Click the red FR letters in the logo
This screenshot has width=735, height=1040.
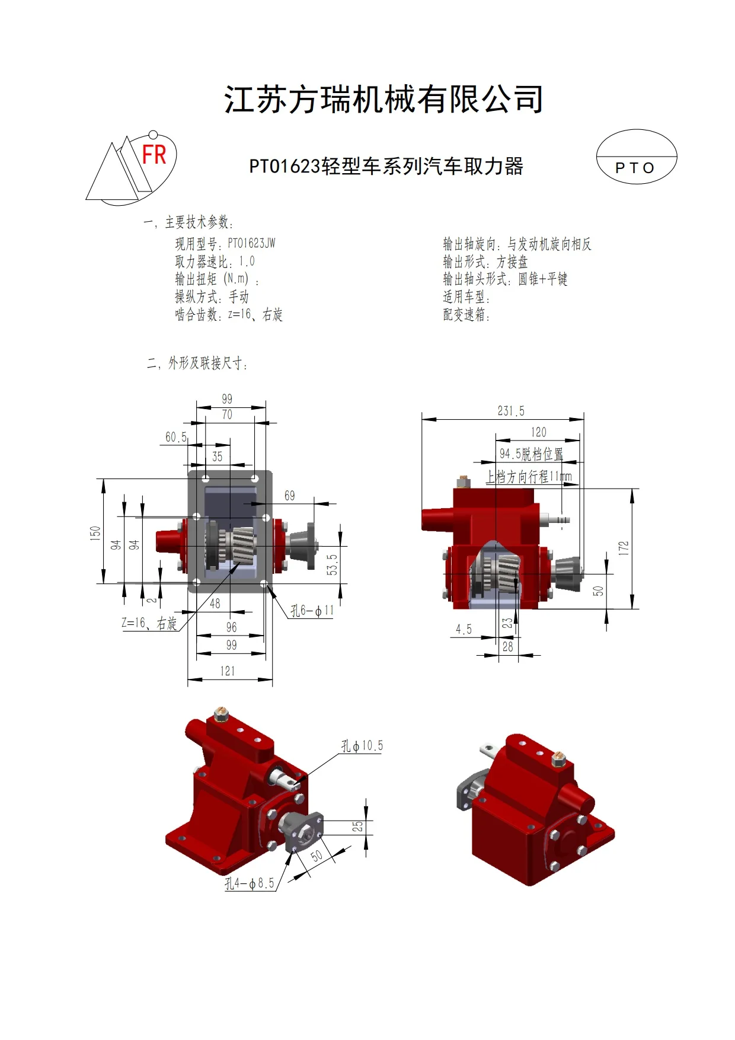[154, 155]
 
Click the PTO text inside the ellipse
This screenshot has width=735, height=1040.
[635, 168]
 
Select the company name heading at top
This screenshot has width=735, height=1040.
[384, 99]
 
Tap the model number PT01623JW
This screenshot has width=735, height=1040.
[251, 243]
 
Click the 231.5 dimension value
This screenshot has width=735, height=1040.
[510, 411]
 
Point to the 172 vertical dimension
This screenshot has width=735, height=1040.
[623, 548]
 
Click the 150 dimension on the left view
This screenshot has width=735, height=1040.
[95, 532]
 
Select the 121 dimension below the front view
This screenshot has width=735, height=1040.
[228, 671]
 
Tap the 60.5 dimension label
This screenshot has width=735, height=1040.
[175, 437]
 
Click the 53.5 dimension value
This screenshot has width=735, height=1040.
[332, 564]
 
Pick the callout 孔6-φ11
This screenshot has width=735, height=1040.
[312, 610]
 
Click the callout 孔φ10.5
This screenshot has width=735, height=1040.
[362, 745]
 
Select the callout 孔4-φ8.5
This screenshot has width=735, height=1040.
[250, 883]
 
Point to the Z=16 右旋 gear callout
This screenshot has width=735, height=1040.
[149, 623]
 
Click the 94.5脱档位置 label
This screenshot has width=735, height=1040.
[531, 454]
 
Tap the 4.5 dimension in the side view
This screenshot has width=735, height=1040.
[464, 629]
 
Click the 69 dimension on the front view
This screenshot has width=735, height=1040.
[289, 495]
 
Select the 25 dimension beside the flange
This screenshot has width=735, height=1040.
[357, 826]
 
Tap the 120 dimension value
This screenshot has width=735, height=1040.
[538, 432]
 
